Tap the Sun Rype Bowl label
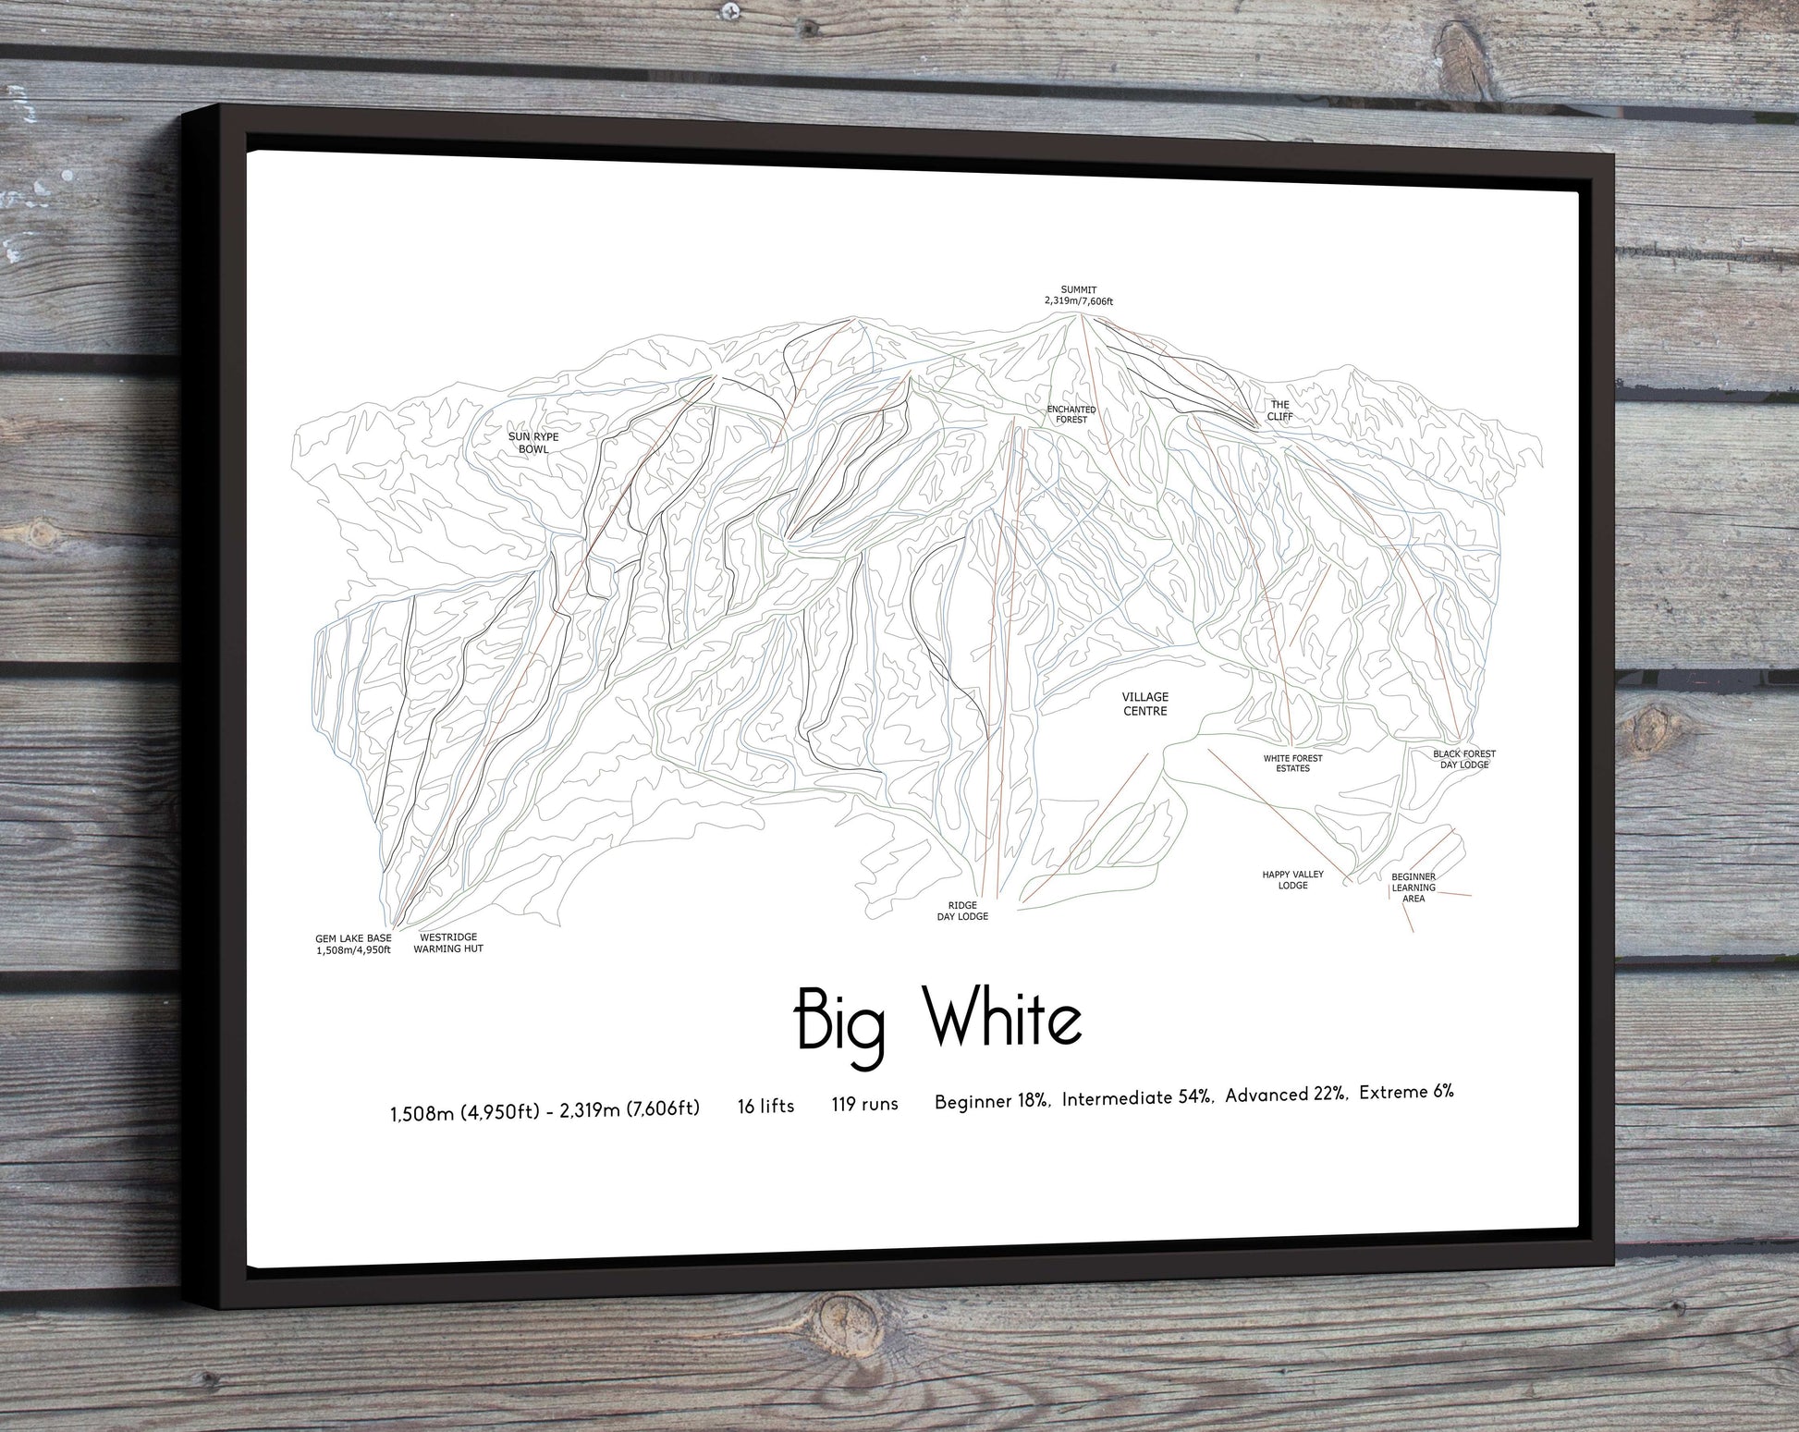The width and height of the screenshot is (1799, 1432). tap(533, 443)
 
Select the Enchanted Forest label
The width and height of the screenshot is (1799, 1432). tap(1071, 414)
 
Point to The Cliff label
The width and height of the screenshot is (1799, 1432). tap(1279, 410)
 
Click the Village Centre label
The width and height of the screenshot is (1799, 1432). tap(1144, 704)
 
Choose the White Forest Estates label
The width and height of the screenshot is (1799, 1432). tap(1292, 763)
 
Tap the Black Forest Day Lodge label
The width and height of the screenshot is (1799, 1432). tap(1464, 759)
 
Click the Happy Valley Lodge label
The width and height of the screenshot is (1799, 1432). tap(1292, 879)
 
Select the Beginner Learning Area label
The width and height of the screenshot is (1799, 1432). tap(1413, 887)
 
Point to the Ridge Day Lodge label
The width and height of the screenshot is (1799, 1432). tap(962, 911)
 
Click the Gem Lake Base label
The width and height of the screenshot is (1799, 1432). tap(353, 944)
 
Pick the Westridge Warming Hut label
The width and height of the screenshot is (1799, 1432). tap(448, 943)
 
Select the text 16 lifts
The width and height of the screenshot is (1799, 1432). tap(765, 1106)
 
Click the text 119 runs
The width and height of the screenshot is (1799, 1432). tap(864, 1104)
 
